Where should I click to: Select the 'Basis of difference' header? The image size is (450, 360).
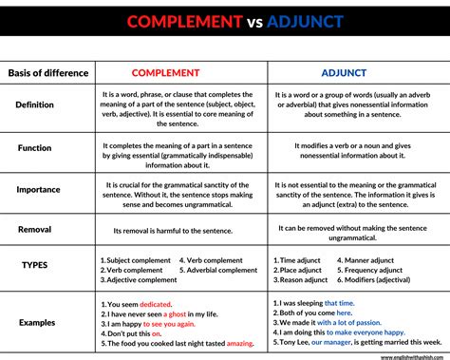tap(48, 73)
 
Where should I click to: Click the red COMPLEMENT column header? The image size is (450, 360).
tap(164, 72)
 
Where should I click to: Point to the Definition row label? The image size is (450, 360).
tap(35, 104)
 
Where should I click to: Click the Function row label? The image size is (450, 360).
tap(34, 147)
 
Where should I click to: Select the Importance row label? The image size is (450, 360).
tap(38, 189)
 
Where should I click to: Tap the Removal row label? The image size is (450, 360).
tap(34, 230)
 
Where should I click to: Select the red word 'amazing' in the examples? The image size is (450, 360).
tap(240, 343)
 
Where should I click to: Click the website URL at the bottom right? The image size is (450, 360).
tap(413, 357)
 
